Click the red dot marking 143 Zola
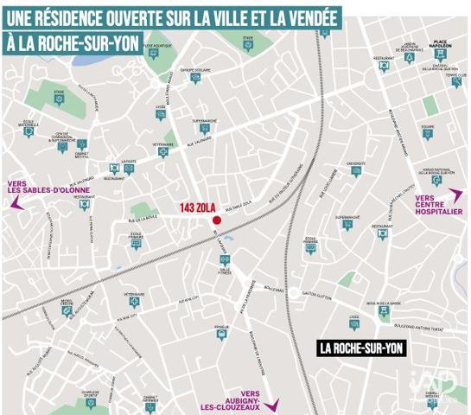[x=217, y=220]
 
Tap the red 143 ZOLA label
[x=197, y=208]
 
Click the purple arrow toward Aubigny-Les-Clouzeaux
[x=271, y=404]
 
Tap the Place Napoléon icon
[x=439, y=54]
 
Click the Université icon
[x=355, y=171]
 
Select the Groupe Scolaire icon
[x=196, y=78]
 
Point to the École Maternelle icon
[x=29, y=132]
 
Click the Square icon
[x=427, y=135]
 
